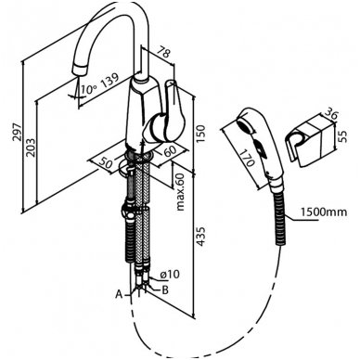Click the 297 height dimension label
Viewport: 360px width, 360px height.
coord(18,132)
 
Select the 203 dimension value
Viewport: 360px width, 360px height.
coord(31,148)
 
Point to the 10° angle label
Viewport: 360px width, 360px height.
coord(88,89)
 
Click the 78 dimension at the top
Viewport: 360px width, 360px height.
coord(162,52)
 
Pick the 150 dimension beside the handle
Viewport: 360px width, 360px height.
coord(200,133)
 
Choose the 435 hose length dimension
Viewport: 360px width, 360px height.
coord(200,237)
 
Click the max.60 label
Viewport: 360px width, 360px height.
coord(180,192)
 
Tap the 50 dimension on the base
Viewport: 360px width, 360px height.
coord(106,163)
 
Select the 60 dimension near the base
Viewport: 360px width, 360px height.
coord(170,150)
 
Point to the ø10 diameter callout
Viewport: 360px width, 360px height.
coord(170,274)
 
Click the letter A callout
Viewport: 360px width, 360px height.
coord(119,294)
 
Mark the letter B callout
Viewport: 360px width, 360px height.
coord(165,290)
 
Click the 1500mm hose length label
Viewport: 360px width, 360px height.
coord(324,212)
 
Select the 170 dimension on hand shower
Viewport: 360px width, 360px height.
coord(247,158)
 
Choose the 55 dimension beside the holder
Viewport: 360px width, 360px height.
coord(342,135)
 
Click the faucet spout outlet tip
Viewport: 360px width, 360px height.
coord(79,71)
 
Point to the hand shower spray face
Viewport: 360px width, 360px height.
coord(246,125)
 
